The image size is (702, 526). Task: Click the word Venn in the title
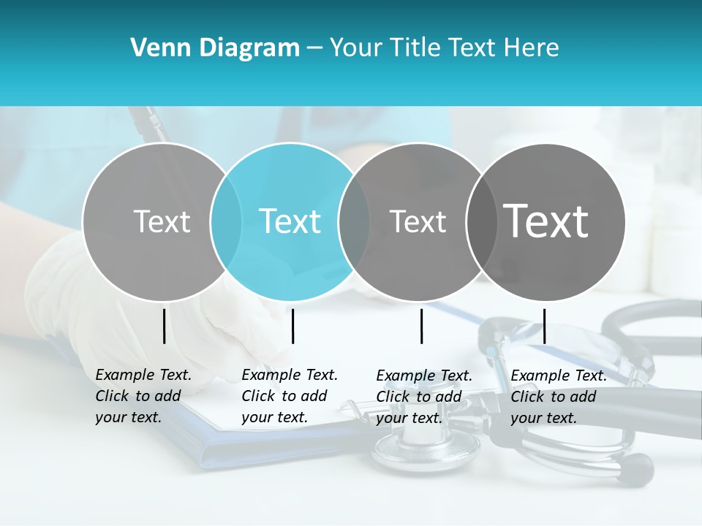(x=156, y=48)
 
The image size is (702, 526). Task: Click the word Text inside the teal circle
(x=290, y=221)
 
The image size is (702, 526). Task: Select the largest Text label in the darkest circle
(x=546, y=221)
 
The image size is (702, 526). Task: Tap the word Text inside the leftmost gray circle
(x=162, y=221)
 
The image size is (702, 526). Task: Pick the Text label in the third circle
(x=418, y=221)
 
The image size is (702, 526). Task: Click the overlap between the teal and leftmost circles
(x=226, y=221)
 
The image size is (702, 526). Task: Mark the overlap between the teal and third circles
(x=354, y=221)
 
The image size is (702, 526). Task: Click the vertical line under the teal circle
(x=292, y=326)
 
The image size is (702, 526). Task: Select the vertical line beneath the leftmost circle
(x=164, y=326)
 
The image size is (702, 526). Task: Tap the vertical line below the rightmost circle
(x=544, y=326)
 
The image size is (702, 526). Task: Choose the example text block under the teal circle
(x=289, y=396)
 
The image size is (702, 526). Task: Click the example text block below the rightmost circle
(x=558, y=397)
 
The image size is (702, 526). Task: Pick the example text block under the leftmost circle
(x=143, y=396)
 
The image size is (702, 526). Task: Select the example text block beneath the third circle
(x=423, y=397)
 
